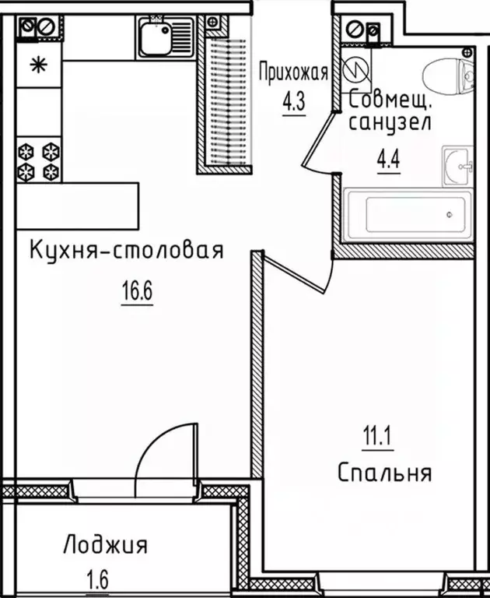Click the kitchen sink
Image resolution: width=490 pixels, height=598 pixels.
click(165, 36)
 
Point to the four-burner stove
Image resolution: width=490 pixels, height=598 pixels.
click(39, 160)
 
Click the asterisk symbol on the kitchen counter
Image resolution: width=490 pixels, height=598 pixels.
click(37, 65)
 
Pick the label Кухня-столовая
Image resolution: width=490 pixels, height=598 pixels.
click(126, 252)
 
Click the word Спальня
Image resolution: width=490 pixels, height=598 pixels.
click(385, 472)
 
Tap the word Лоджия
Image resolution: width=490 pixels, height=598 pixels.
click(106, 544)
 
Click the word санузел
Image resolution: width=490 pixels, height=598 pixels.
click(387, 122)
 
